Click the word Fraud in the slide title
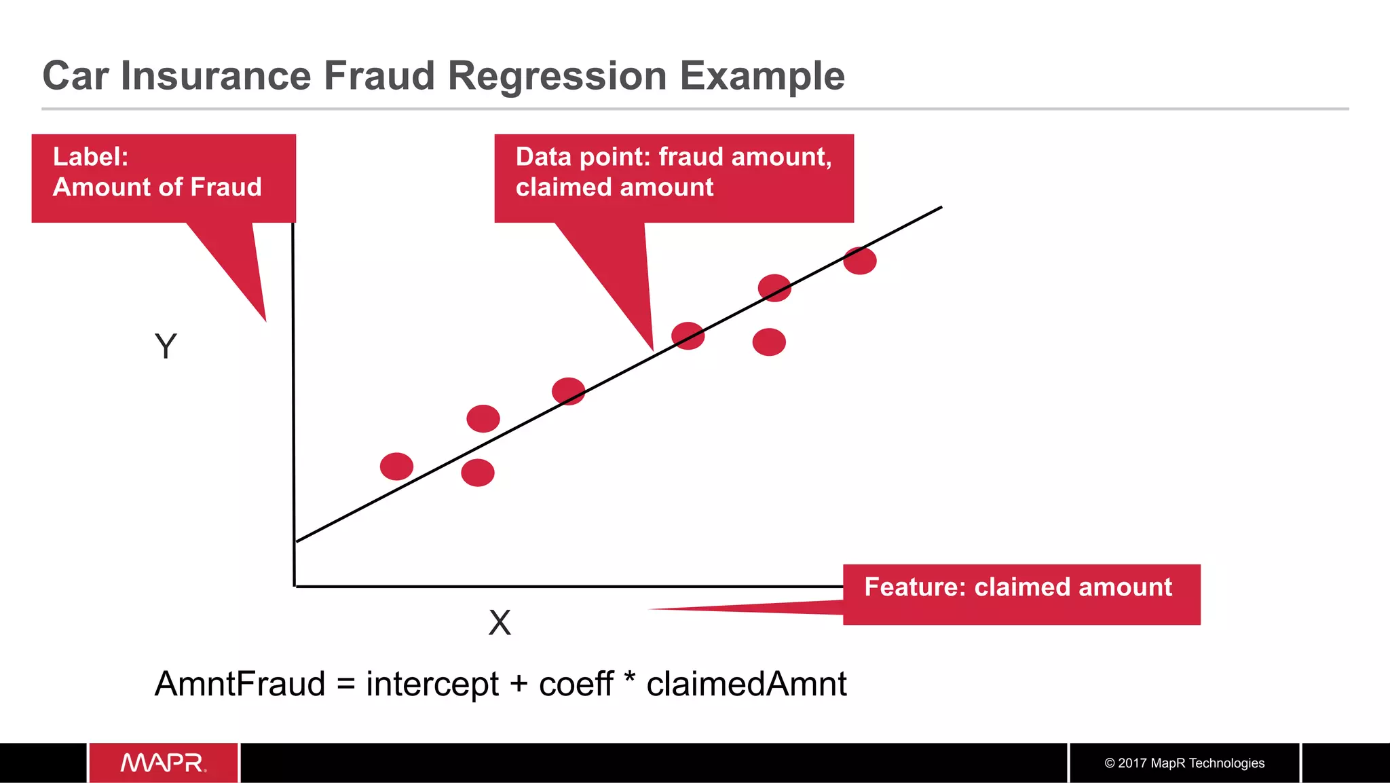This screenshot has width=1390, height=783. point(379,75)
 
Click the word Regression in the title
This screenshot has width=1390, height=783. point(557,75)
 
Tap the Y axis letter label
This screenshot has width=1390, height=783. point(166,346)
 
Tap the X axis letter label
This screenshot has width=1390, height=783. point(500,622)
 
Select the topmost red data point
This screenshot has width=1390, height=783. point(860,261)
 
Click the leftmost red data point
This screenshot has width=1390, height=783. point(396,467)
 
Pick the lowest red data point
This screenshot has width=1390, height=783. point(478,473)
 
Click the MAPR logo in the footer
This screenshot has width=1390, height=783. point(164,763)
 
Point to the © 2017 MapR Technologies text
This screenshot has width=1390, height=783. point(1184,763)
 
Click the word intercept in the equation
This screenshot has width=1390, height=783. point(432,684)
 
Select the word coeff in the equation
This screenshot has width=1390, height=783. point(576,684)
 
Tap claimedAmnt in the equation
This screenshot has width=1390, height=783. point(747,684)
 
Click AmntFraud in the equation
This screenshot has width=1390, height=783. point(240,684)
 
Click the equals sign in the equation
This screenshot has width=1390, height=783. point(345,685)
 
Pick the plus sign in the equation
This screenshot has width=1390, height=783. point(519,685)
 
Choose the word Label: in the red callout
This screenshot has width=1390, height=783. point(91,157)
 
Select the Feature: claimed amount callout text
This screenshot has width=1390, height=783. point(1018,587)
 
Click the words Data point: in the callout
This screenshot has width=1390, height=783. point(583,157)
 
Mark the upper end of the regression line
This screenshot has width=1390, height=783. point(940,208)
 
